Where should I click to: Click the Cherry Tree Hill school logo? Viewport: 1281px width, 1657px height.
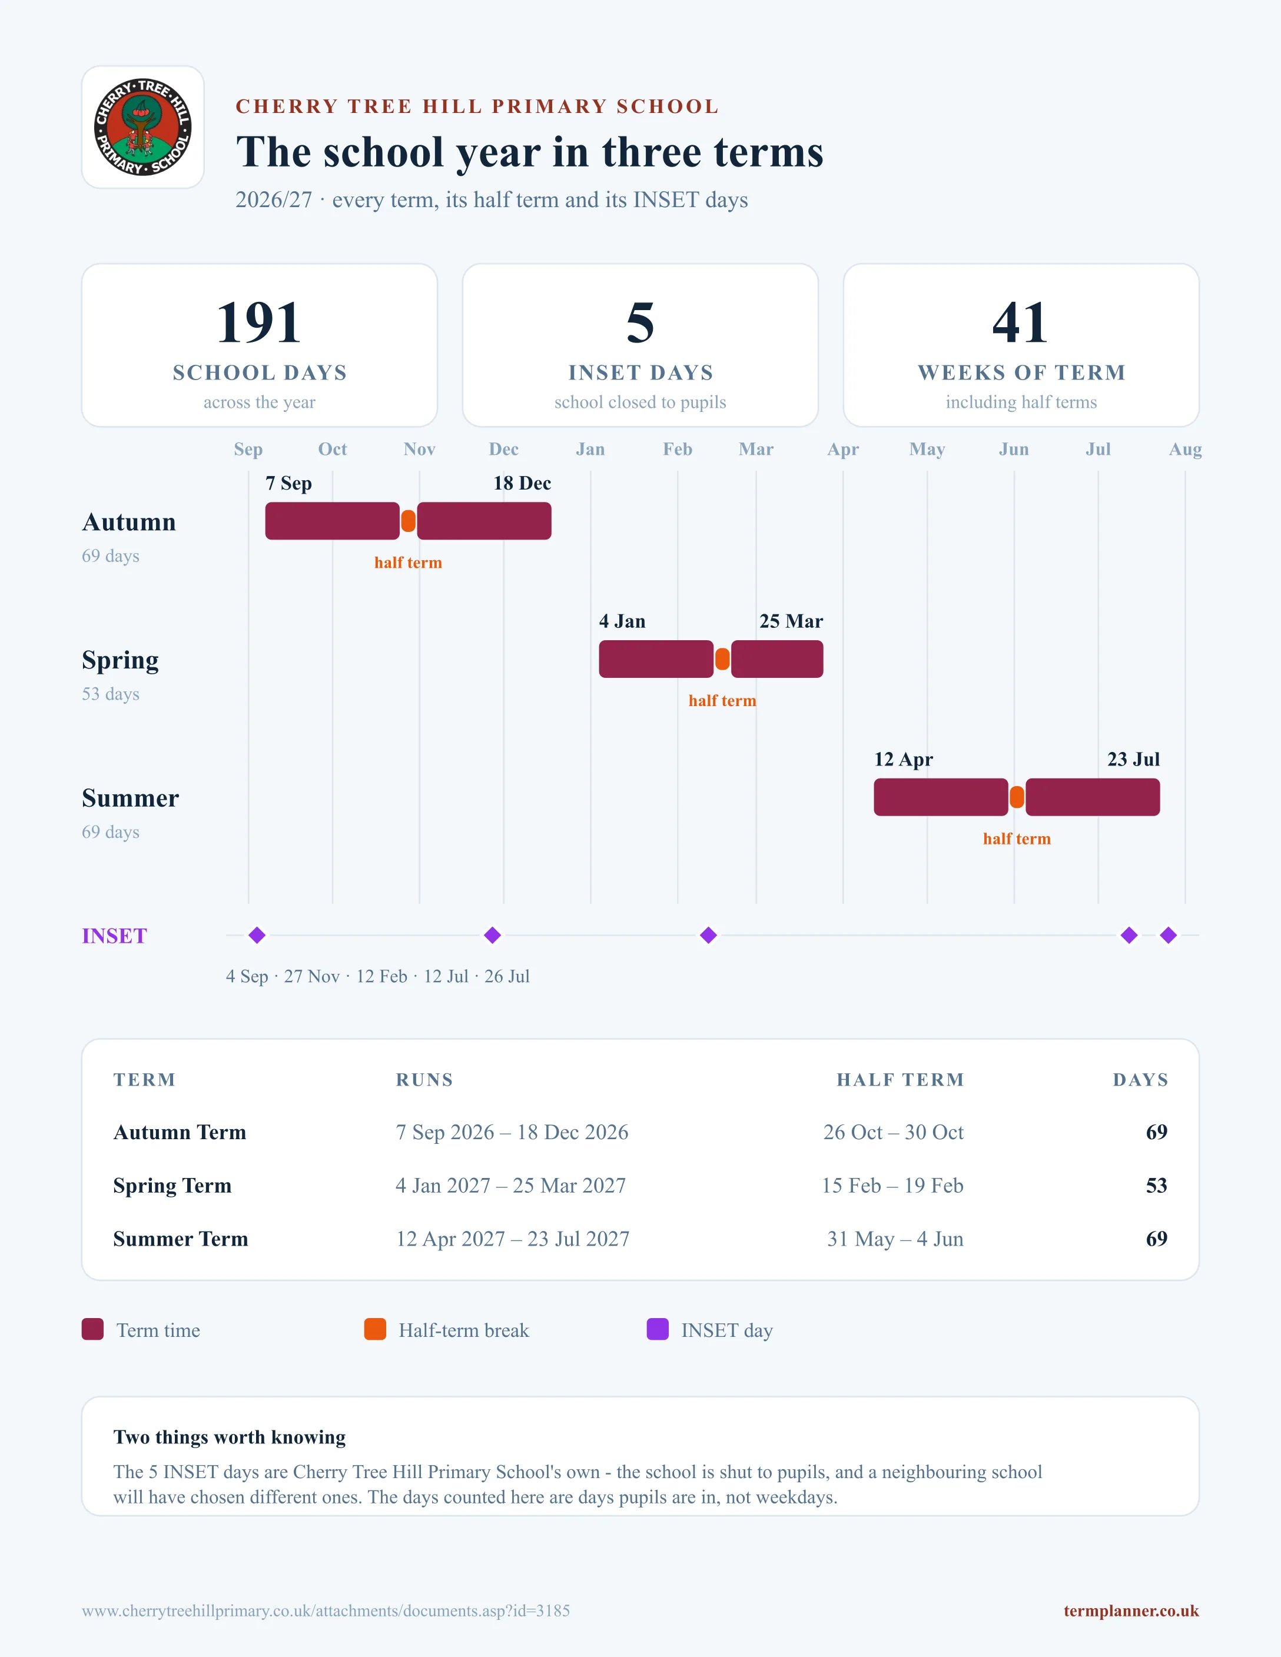(142, 127)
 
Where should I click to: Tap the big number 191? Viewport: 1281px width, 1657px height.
(259, 322)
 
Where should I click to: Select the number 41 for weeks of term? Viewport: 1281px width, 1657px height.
(1021, 322)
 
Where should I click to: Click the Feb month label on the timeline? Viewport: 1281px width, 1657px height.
(678, 449)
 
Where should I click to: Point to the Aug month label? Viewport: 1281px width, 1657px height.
(1186, 449)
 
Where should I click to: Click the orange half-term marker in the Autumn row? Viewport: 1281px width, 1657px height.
(409, 521)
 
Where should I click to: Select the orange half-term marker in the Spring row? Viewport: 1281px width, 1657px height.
(722, 659)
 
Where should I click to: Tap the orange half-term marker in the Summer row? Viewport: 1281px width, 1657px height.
(1017, 797)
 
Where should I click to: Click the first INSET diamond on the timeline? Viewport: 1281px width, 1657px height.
(257, 936)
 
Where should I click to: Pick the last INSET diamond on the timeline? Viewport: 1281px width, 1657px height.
(1169, 936)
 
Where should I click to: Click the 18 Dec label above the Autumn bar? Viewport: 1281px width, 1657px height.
(522, 483)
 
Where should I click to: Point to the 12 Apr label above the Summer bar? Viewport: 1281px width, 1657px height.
(903, 760)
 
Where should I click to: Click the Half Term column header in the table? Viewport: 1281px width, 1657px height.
(900, 1080)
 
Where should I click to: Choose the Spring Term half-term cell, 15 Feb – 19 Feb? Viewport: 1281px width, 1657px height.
(892, 1185)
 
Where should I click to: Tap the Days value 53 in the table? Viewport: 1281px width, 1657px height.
(1157, 1185)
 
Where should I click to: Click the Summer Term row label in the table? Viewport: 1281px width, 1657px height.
(181, 1239)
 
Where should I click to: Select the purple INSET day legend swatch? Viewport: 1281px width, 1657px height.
(657, 1329)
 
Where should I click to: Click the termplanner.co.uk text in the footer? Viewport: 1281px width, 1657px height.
(1131, 1611)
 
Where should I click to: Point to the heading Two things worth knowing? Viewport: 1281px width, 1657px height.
(229, 1437)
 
